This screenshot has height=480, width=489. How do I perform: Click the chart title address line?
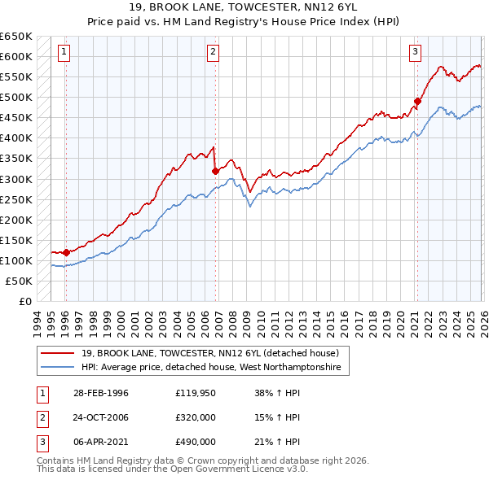coord(244,7)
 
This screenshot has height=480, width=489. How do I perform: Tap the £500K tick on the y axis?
coord(15,98)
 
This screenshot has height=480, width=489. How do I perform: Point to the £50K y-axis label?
coord(18,281)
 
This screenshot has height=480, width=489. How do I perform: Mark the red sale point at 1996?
coord(66,252)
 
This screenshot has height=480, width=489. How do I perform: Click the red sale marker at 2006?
coord(215,171)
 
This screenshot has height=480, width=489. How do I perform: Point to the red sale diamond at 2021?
coord(416,102)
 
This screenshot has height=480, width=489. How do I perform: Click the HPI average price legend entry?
coord(215,368)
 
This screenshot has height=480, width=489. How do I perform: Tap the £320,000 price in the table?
coord(195,417)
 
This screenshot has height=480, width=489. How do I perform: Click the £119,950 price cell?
coord(195,393)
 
